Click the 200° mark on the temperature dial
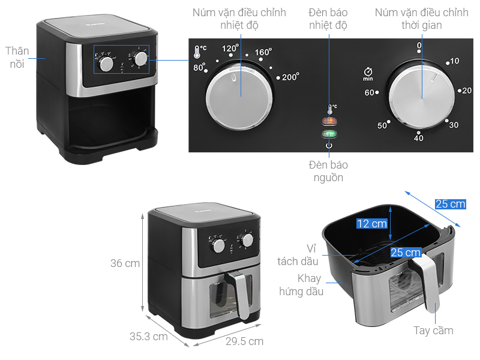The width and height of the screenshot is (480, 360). (x=290, y=77)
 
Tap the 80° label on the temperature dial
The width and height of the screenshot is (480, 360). (x=199, y=67)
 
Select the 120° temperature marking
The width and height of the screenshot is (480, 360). (x=230, y=49)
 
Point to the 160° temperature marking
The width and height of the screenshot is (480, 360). (x=263, y=52)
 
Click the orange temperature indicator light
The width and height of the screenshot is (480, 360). (x=329, y=121)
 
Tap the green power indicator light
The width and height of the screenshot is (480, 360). (x=329, y=134)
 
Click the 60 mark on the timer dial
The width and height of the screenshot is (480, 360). (x=369, y=92)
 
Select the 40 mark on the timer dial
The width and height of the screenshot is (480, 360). (x=418, y=138)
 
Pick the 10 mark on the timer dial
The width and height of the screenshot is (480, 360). (x=455, y=61)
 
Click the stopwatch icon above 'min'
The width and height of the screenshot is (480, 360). (x=368, y=71)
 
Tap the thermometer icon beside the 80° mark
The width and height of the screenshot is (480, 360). (x=197, y=52)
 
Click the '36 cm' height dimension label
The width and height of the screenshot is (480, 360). (x=125, y=263)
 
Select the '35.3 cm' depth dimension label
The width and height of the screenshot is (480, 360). (x=149, y=337)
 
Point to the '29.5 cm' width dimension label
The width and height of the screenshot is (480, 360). (x=245, y=341)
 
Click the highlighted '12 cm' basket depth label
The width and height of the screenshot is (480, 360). (x=372, y=223)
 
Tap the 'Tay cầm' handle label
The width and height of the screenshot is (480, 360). (x=433, y=331)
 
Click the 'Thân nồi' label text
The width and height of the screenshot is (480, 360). (x=17, y=58)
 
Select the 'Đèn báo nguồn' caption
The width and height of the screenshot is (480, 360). (x=328, y=171)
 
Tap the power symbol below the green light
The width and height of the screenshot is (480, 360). (x=329, y=145)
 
